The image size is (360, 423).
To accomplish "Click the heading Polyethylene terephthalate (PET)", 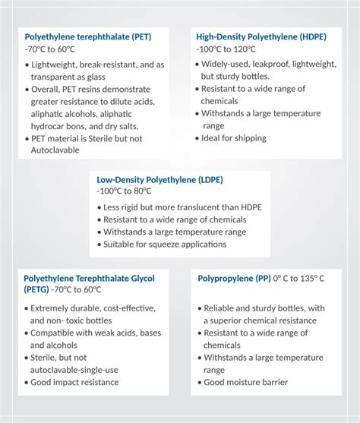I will (88, 36).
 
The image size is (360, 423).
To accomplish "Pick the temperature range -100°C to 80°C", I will (128, 191).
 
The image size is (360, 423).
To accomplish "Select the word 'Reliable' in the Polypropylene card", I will (222, 308).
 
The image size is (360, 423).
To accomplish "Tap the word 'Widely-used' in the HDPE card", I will (225, 65).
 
